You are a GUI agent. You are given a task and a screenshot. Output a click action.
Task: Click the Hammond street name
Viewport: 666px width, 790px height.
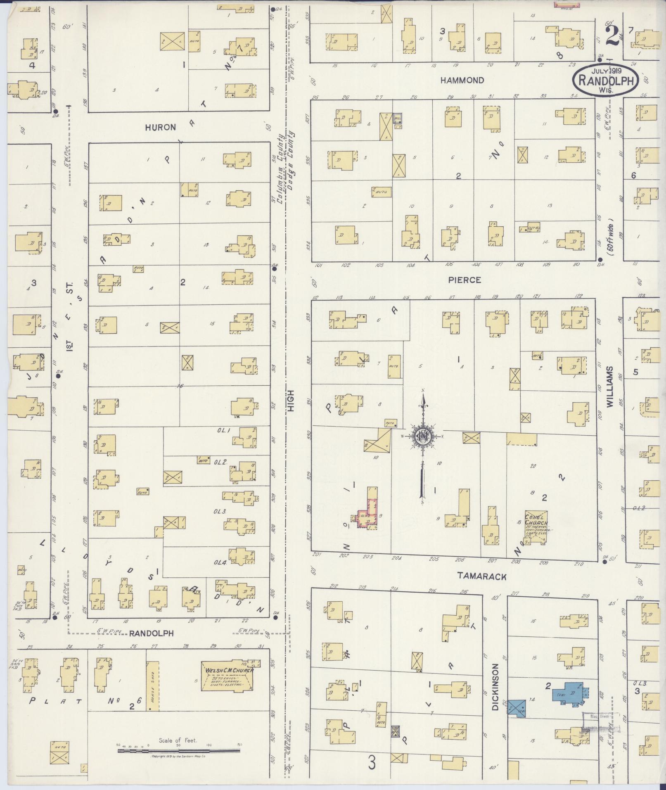click(x=462, y=80)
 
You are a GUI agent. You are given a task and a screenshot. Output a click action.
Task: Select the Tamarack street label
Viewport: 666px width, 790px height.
click(x=482, y=576)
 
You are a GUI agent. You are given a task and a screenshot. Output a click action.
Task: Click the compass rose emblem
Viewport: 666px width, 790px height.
click(x=423, y=436)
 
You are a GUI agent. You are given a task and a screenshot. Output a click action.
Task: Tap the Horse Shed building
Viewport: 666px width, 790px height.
click(x=153, y=686)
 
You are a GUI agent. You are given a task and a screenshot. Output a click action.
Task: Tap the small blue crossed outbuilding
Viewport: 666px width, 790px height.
click(x=517, y=708)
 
